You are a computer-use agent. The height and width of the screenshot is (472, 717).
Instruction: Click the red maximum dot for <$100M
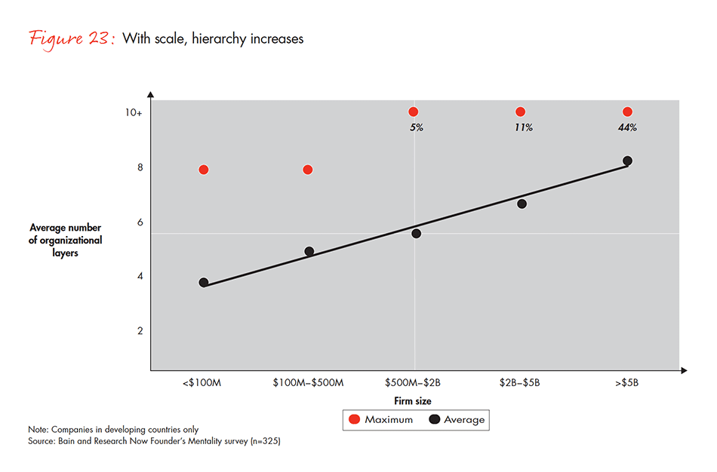click(x=204, y=170)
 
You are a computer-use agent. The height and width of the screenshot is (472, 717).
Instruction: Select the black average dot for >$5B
click(x=627, y=161)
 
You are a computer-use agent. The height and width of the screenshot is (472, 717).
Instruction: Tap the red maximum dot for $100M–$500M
click(x=308, y=170)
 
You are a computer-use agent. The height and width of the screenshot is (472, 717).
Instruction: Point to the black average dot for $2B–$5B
click(x=522, y=204)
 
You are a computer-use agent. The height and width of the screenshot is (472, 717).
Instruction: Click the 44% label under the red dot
click(x=627, y=127)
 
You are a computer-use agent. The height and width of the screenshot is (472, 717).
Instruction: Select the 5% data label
click(x=416, y=127)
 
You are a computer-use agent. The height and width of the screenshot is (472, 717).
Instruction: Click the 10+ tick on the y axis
click(x=134, y=112)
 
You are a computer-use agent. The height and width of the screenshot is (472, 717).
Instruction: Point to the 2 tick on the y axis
click(x=139, y=330)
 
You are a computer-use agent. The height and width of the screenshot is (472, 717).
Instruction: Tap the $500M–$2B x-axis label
click(x=414, y=383)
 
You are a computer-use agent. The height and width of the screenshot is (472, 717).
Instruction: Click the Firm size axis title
click(x=413, y=401)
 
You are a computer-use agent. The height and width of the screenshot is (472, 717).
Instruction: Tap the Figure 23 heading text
click(x=72, y=38)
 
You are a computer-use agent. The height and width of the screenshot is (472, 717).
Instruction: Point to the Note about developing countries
click(x=113, y=428)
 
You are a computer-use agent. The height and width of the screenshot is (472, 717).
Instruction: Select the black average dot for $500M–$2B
click(x=416, y=234)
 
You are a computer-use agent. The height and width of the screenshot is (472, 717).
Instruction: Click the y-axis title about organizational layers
click(x=66, y=240)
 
